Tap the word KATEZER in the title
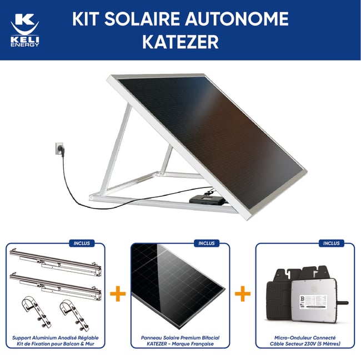click(180, 43)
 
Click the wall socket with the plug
click(58, 148)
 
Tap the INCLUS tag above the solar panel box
click(206, 243)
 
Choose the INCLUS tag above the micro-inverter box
click(331, 243)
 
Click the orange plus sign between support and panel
click(118, 293)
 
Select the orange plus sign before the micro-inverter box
click(243, 293)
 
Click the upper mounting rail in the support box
click(56, 261)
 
